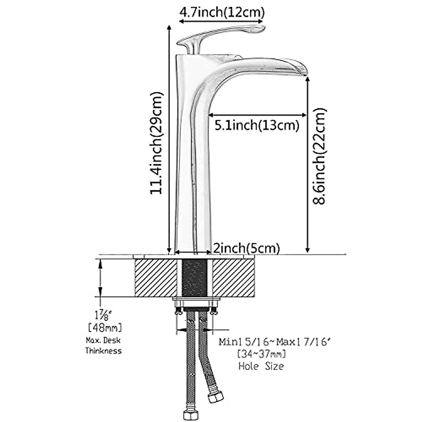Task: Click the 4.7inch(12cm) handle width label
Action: pos(222,13)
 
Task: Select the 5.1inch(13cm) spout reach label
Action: pos(257,125)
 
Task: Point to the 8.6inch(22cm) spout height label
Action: pos(320,156)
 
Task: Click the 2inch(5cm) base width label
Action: pos(247,248)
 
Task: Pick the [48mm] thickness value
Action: pos(104,328)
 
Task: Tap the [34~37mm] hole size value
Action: pos(262,353)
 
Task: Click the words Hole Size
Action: pos(261,366)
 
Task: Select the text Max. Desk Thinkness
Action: pos(104,346)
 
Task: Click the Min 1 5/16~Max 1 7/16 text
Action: pos(275,341)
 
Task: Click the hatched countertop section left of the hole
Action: pos(155,278)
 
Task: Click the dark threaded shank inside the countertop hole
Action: pos(194,278)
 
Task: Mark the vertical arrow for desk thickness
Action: pos(101,278)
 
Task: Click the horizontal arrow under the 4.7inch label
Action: pos(222,21)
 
